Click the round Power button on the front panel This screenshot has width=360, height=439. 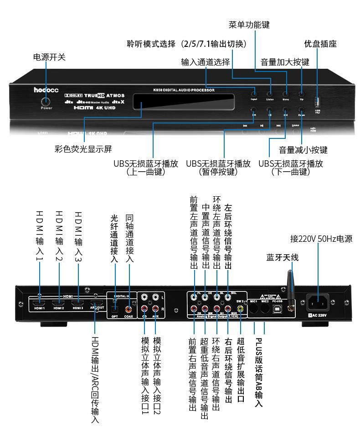tap(46, 102)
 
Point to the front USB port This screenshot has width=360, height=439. tap(318, 101)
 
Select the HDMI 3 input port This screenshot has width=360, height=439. tap(78, 302)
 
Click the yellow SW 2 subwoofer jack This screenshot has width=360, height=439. tap(240, 308)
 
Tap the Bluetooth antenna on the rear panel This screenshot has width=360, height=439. tap(289, 287)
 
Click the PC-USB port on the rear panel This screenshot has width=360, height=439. tap(277, 308)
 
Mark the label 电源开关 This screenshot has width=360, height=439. tap(49, 57)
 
